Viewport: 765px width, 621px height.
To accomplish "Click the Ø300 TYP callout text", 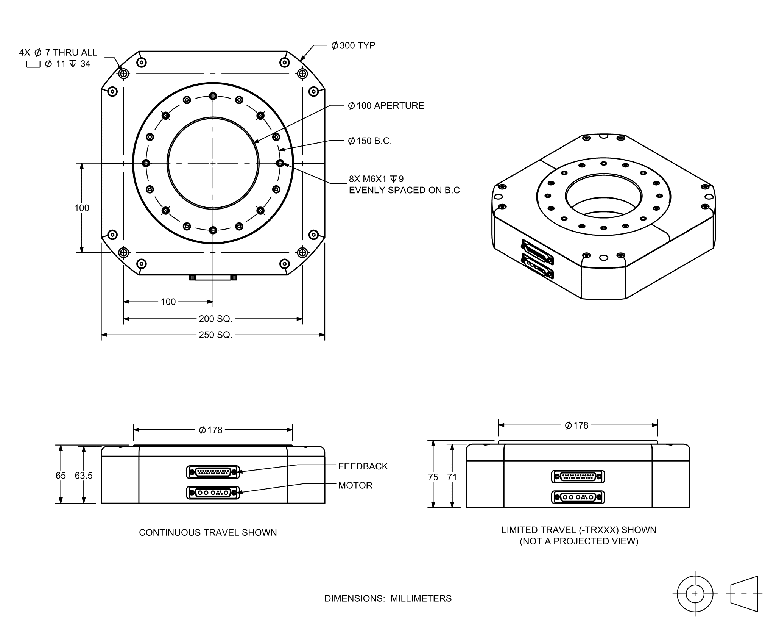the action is (353, 45).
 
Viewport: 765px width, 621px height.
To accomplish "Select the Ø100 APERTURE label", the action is (386, 106).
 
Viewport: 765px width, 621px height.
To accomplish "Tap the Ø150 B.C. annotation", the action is (370, 141).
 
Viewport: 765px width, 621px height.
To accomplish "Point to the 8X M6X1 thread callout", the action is (404, 185).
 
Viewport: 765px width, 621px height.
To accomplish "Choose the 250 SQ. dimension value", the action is (215, 335).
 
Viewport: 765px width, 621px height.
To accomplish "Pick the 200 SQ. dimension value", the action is (215, 319).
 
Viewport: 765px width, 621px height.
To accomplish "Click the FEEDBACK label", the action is (363, 466).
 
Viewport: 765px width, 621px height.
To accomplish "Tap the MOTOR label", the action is (355, 485).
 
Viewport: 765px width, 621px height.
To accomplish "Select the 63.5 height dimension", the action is (84, 476).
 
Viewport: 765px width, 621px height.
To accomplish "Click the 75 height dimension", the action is (433, 477).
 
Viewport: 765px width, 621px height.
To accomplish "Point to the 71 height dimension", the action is (452, 477).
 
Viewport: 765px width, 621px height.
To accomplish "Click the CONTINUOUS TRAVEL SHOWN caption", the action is (208, 533).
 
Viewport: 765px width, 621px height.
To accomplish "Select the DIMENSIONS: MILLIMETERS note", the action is (388, 599).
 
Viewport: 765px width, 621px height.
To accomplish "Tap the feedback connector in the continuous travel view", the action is (213, 472).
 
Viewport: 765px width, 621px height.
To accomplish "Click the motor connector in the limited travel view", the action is (578, 497).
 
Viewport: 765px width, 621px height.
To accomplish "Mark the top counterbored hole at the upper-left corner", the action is (124, 74).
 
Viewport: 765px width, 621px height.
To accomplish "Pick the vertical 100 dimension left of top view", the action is (82, 208).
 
